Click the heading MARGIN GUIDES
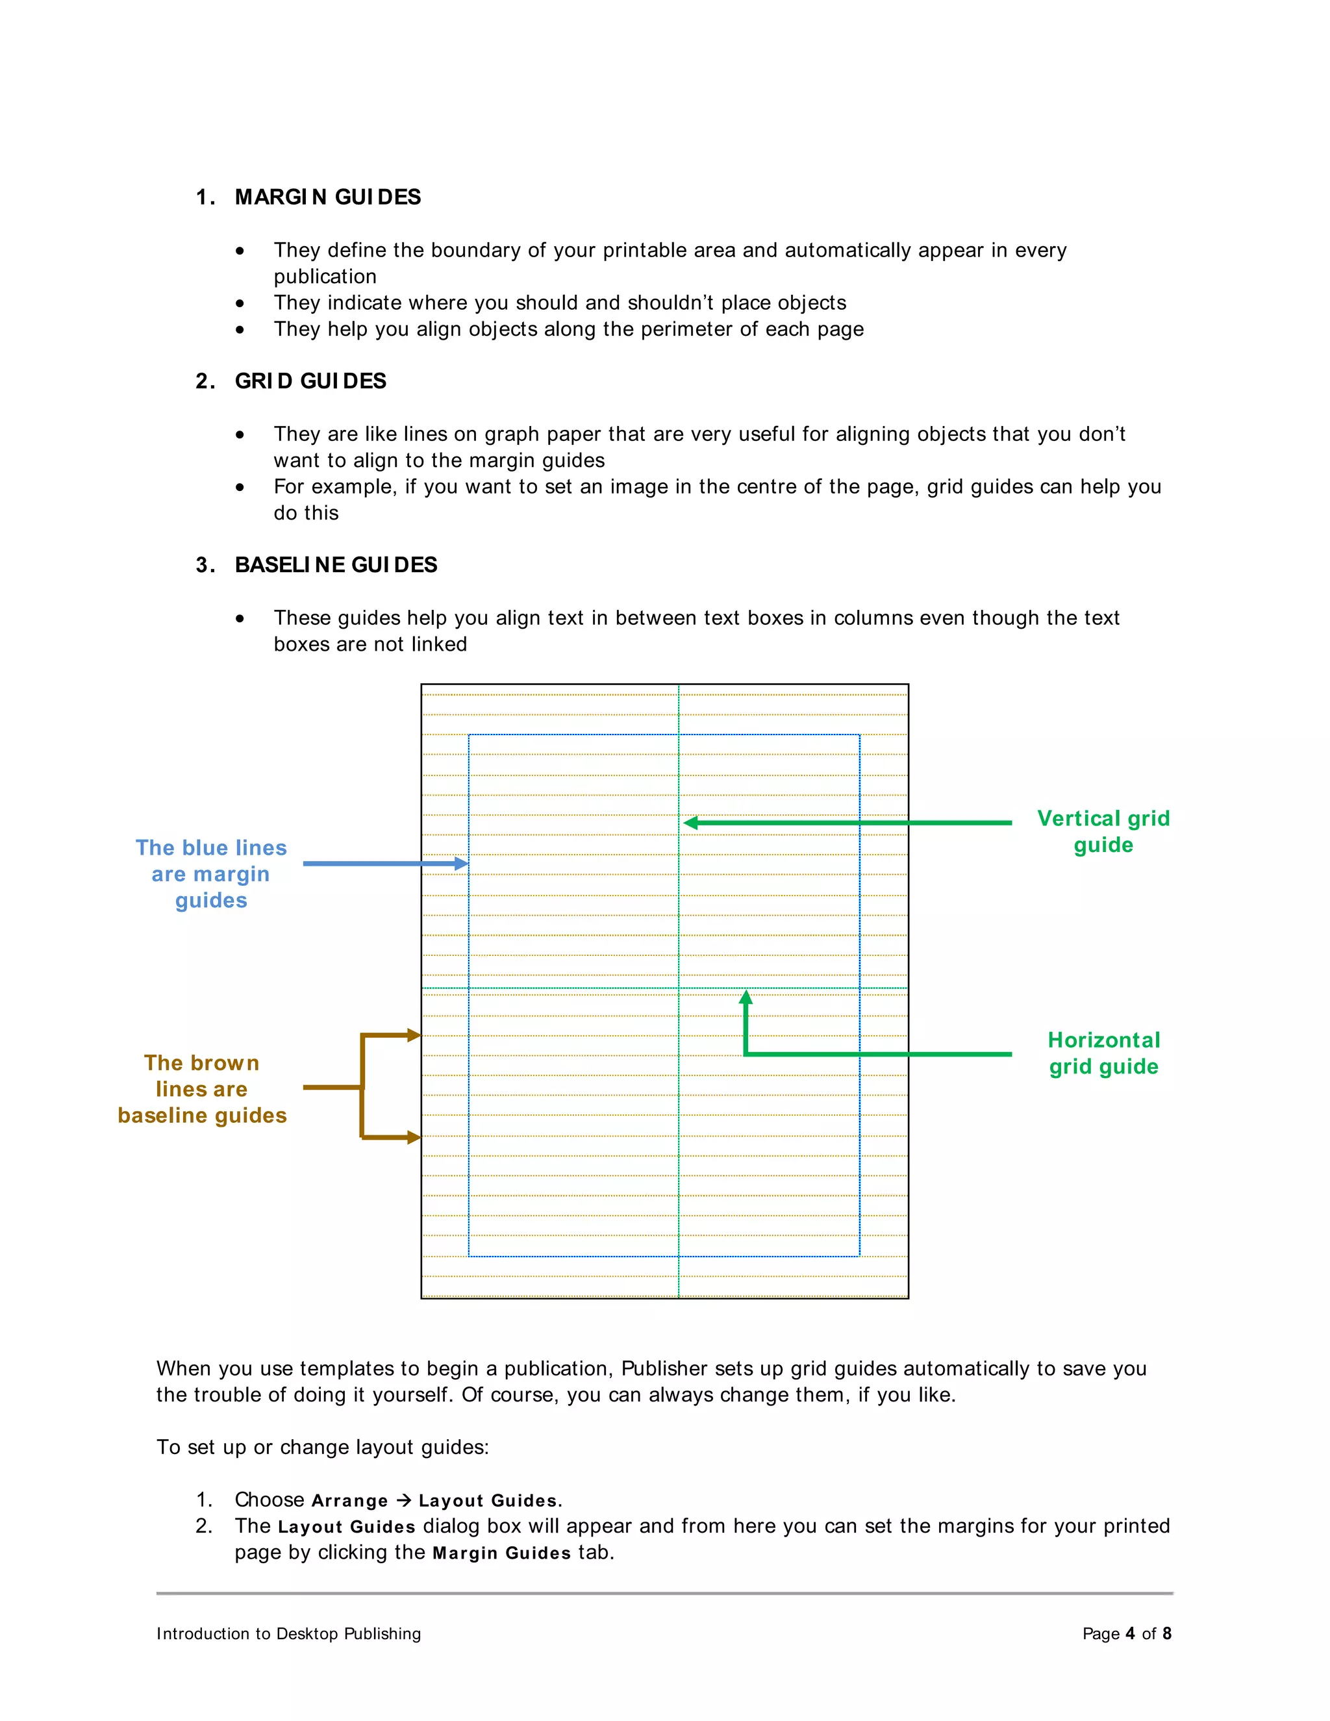(x=328, y=197)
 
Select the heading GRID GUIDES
(x=310, y=381)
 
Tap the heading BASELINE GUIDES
(x=336, y=565)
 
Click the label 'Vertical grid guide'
(x=1103, y=831)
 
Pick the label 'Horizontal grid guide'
(x=1103, y=1053)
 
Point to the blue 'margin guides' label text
(x=210, y=874)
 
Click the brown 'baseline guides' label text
(x=202, y=1089)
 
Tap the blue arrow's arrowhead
(x=462, y=864)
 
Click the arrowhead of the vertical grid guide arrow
(x=691, y=823)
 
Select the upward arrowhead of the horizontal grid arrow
(x=746, y=998)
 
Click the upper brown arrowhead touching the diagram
(x=414, y=1035)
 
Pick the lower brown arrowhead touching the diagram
(x=414, y=1137)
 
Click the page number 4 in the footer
(x=1130, y=1633)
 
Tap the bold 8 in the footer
(x=1167, y=1633)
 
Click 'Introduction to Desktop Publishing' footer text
(x=288, y=1633)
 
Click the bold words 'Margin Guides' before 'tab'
(x=502, y=1553)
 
